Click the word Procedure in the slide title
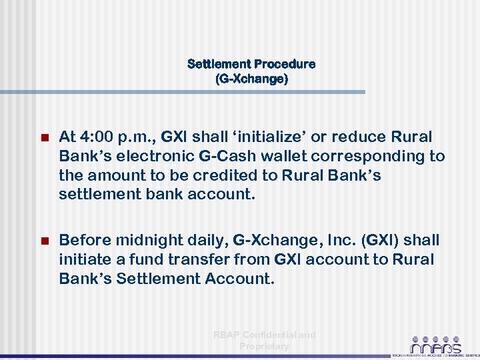click(282, 65)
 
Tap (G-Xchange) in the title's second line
click(251, 79)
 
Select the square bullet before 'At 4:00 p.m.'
click(45, 138)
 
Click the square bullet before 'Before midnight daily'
click(45, 241)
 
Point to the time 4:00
click(99, 137)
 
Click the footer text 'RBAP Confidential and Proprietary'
click(265, 341)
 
